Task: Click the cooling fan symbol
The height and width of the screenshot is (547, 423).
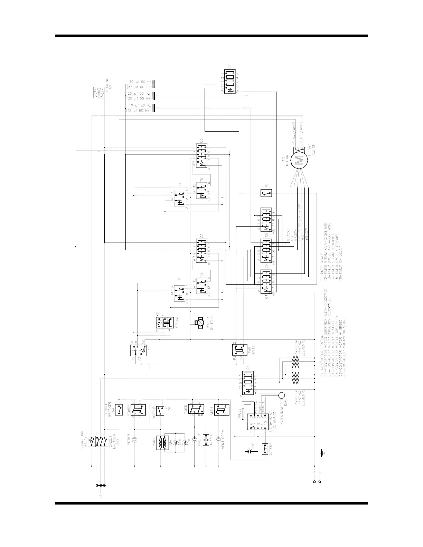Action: pos(99,92)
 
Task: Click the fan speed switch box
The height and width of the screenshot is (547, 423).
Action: pos(240,350)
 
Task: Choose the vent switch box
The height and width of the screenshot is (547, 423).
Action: pos(222,410)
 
